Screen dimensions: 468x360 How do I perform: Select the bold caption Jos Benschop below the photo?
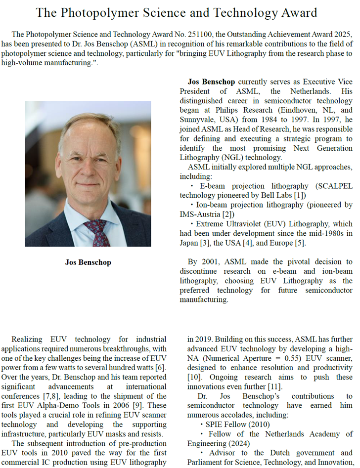click(x=88, y=262)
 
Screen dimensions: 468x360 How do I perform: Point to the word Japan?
click(x=190, y=243)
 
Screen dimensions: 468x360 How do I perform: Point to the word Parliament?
click(x=206, y=462)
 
